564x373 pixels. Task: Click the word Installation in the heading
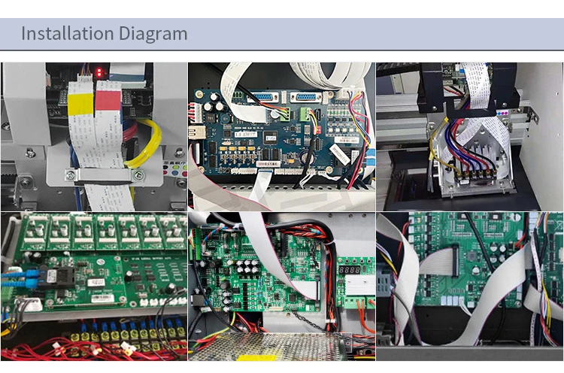click(x=67, y=34)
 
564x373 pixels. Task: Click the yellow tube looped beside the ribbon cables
click(x=146, y=142)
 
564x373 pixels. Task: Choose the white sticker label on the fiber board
click(x=96, y=281)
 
